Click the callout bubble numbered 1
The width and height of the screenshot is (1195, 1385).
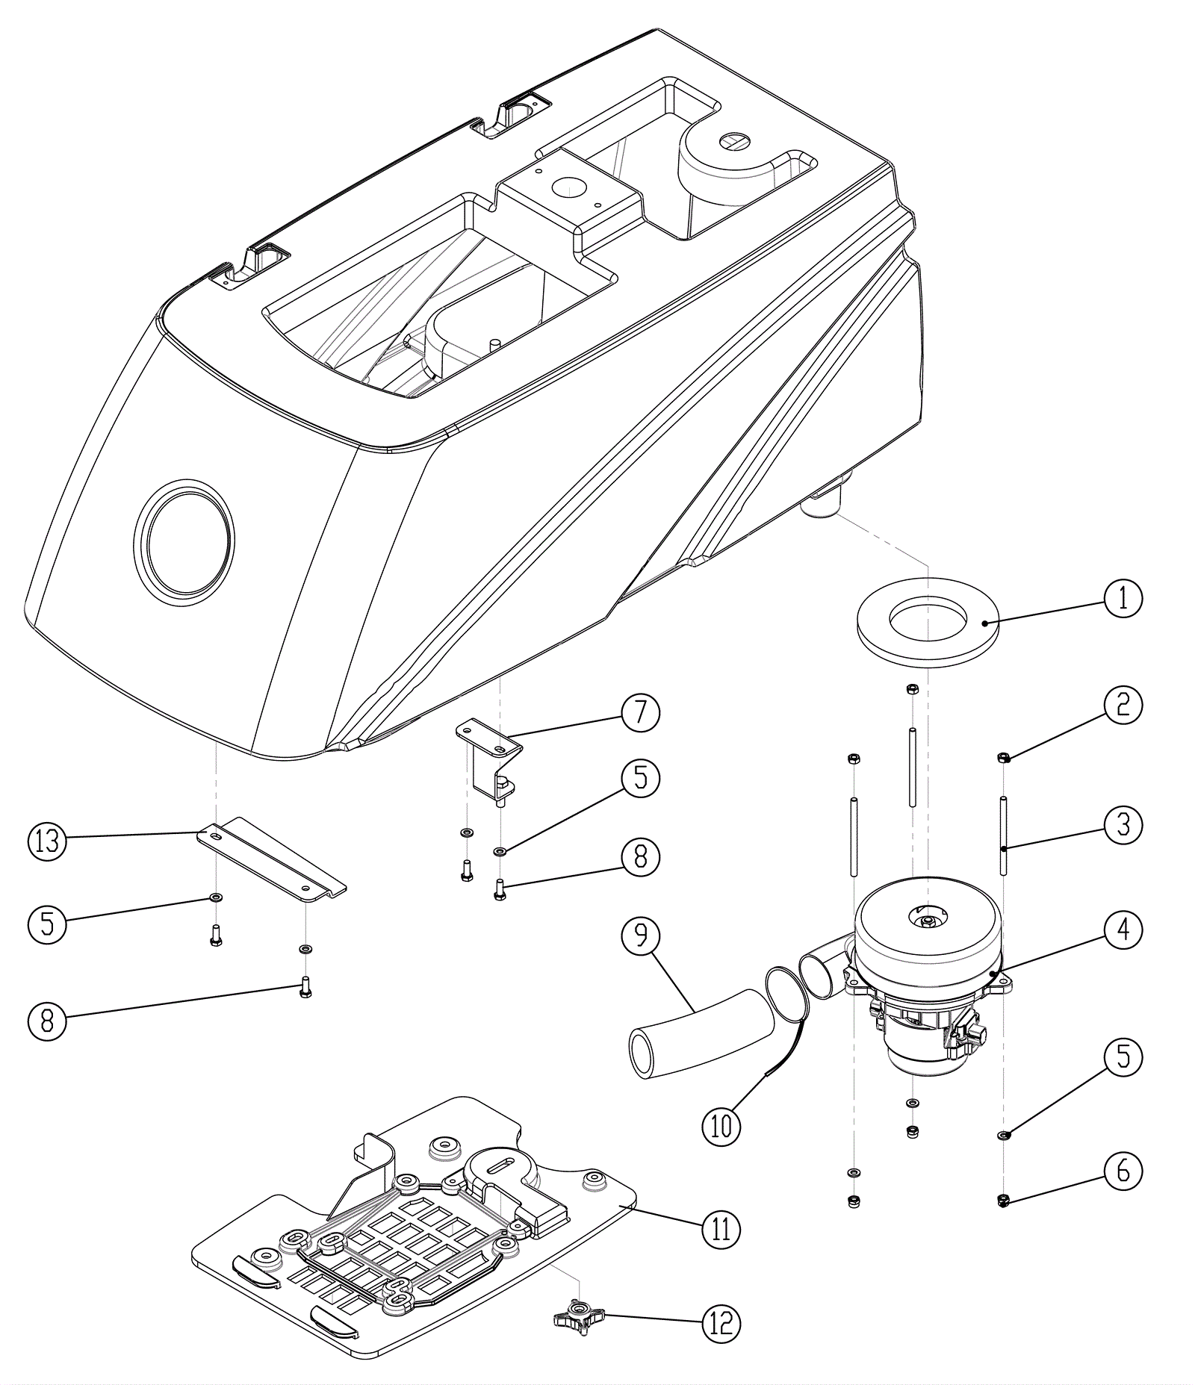(x=1123, y=598)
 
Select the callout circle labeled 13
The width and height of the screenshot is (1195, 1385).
(x=47, y=841)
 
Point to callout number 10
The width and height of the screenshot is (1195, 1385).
(x=721, y=1125)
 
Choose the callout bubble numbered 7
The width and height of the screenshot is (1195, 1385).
(x=641, y=712)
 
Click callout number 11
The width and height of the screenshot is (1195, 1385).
(x=721, y=1228)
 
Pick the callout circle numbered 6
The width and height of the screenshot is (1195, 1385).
(x=1123, y=1171)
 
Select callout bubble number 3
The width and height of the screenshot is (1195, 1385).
(x=1123, y=825)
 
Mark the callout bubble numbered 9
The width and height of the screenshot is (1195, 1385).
(x=641, y=936)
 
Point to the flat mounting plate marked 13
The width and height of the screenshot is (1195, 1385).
(x=269, y=859)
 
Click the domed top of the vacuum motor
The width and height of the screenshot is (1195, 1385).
(x=926, y=922)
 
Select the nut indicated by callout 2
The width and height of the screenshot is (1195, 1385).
(x=1004, y=759)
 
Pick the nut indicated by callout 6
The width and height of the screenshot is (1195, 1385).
(x=1004, y=1201)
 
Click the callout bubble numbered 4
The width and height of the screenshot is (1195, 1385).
(x=1123, y=930)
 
